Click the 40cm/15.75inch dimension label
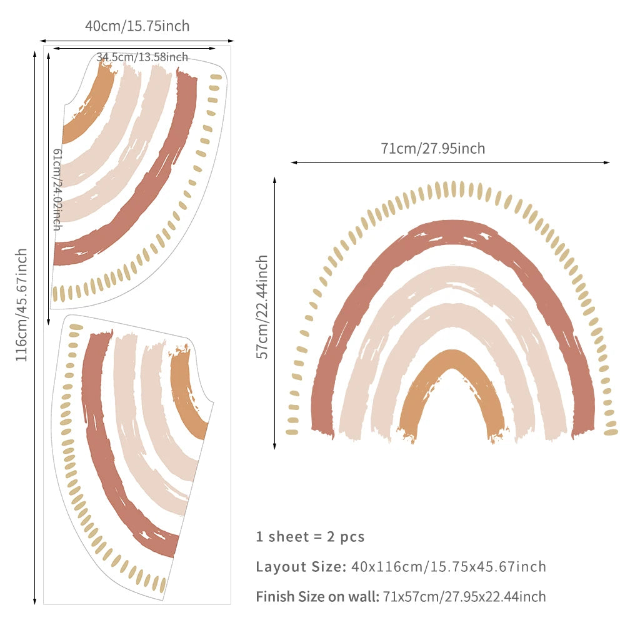click(137, 26)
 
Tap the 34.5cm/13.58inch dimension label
click(142, 57)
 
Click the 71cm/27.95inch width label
click(432, 149)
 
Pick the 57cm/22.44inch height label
click(263, 306)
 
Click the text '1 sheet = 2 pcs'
click(310, 536)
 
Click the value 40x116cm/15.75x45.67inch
click(448, 567)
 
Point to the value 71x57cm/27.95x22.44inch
click(464, 597)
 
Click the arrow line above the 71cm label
click(450, 162)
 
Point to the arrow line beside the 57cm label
click(274, 312)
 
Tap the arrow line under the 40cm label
click(137, 39)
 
